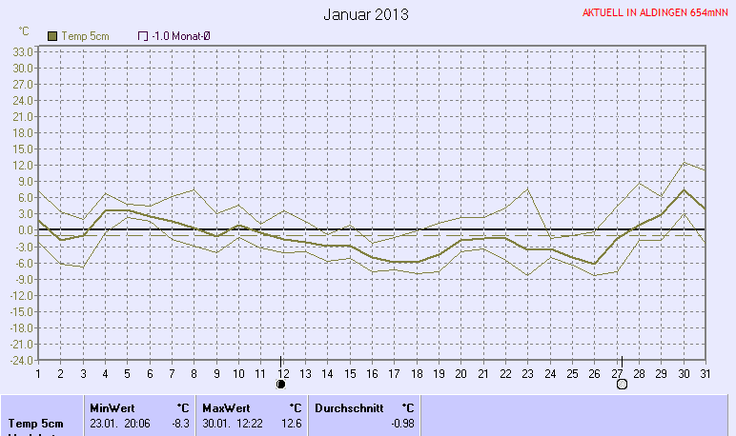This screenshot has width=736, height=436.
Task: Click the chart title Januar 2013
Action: (x=366, y=14)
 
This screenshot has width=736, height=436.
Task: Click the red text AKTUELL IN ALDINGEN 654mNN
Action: (x=657, y=14)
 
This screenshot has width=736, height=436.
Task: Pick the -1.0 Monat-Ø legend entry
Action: (x=174, y=35)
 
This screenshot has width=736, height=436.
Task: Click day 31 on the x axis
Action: (x=705, y=372)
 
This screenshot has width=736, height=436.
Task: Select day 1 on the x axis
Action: (x=38, y=372)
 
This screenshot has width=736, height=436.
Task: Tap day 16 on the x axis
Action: (x=372, y=372)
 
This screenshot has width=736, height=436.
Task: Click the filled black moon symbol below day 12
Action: (x=281, y=385)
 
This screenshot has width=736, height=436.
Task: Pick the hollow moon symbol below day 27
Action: (x=622, y=385)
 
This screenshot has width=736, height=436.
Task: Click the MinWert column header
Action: (x=112, y=407)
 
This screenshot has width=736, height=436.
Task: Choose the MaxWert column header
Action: (x=225, y=407)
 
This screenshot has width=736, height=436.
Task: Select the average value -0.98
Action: (x=402, y=423)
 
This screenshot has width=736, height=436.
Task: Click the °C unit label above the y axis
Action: (x=24, y=31)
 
